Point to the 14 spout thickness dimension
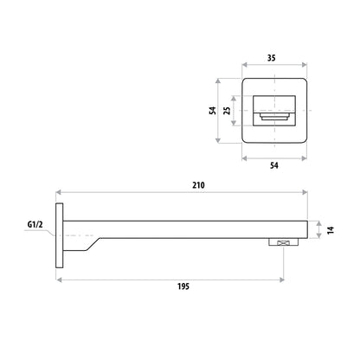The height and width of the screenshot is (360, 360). pyautogui.click(x=330, y=231)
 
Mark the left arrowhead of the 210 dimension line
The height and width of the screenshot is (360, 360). pyautogui.click(x=59, y=192)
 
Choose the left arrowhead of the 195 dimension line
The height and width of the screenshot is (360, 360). pyautogui.click(x=59, y=279)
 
